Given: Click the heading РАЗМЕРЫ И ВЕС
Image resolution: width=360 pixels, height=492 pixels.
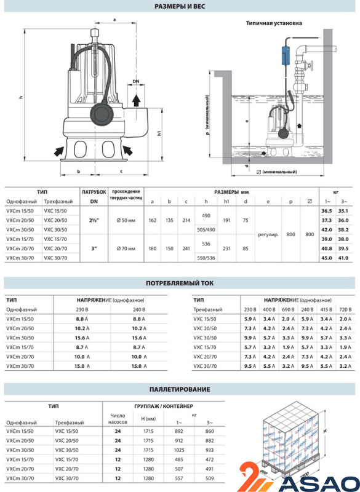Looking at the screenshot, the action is tap(180, 6).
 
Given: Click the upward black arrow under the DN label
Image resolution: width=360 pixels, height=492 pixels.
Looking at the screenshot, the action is tap(136, 100).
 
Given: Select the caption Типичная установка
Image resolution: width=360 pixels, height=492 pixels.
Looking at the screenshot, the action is tap(274, 23).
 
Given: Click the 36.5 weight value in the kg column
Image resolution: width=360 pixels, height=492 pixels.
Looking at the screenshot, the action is tap(327, 211).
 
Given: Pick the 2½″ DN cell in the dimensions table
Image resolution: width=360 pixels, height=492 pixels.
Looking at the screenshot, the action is tap(94, 220).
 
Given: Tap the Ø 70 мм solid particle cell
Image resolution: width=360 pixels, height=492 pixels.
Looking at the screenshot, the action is tap(126, 248).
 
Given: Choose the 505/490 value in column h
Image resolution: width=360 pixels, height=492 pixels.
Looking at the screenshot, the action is tap(206, 229).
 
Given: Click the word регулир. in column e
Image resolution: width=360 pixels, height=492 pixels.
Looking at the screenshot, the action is tap(268, 234).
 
